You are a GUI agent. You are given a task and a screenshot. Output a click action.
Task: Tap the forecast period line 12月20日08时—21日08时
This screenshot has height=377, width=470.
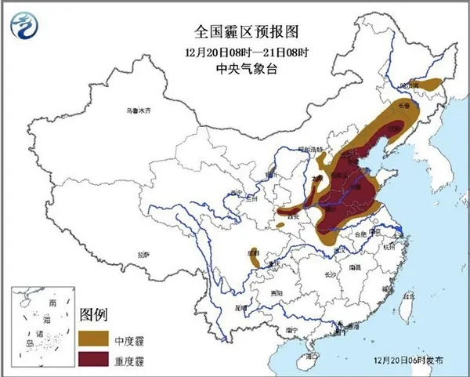click(x=236, y=53)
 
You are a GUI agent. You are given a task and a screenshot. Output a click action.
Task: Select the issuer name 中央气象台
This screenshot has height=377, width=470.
click(x=236, y=70)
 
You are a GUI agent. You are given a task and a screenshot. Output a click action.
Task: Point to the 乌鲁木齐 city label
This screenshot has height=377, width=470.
click(x=138, y=111)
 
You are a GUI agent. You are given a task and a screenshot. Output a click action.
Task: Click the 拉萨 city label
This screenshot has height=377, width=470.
click(x=143, y=255)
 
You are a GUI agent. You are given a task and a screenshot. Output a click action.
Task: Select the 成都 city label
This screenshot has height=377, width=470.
click(x=253, y=252)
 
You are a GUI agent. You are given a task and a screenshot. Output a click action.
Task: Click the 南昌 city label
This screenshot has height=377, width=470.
click(x=355, y=266)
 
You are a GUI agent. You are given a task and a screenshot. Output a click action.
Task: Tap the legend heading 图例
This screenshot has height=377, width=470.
click(x=92, y=314)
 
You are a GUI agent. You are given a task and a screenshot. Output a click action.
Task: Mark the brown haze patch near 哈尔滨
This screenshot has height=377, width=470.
click(x=430, y=82)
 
